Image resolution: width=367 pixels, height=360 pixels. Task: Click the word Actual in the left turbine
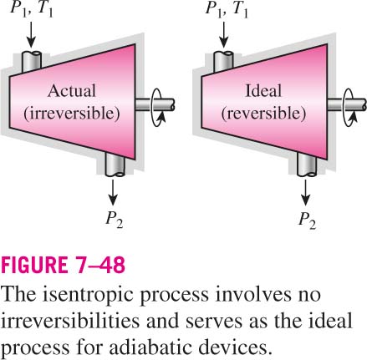72,91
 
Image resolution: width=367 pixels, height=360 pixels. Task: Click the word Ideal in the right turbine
263,91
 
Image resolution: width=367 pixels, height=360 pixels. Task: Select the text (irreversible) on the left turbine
72,114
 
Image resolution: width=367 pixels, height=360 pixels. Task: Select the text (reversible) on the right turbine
263,114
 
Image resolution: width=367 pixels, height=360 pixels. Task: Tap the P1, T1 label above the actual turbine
32,9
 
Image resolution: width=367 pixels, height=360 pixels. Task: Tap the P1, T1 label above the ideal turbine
227,9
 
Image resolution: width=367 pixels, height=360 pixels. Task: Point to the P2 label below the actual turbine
115,219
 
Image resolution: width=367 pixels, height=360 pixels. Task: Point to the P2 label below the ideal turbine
307,219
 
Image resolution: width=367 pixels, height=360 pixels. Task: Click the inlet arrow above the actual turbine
31,34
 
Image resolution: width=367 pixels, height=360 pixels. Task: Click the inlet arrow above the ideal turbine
224,34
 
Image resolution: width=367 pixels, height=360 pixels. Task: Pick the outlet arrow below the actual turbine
113,192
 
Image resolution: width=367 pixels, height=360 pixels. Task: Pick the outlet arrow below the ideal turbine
305,192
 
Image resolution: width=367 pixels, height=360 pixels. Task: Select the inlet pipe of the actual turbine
31,61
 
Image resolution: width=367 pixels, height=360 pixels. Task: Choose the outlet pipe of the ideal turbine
307,165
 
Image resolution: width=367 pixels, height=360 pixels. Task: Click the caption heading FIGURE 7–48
63,265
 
